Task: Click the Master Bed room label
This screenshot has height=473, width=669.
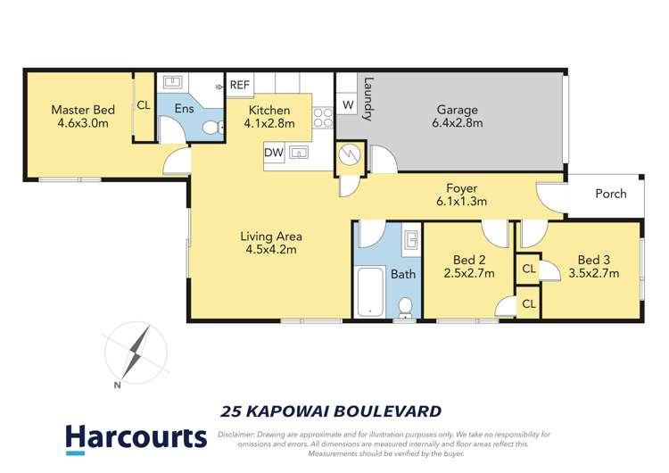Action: (x=82, y=110)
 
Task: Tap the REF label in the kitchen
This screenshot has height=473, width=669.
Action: (x=240, y=86)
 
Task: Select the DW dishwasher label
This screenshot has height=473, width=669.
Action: (x=274, y=153)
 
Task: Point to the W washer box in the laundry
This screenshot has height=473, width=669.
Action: (x=347, y=106)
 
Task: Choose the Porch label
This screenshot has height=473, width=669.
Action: (x=610, y=194)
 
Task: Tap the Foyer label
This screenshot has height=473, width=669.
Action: (x=462, y=188)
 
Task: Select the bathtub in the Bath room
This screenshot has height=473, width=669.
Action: (x=369, y=295)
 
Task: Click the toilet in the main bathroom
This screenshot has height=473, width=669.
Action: (x=404, y=306)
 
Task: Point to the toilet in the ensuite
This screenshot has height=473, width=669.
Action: (x=211, y=129)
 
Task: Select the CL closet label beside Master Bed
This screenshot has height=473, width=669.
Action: (x=144, y=104)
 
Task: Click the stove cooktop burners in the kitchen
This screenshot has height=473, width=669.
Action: (x=323, y=118)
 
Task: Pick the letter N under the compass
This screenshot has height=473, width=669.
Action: (x=117, y=386)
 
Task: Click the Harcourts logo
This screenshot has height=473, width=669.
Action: (x=136, y=437)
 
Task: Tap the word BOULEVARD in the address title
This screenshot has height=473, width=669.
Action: (x=389, y=411)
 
